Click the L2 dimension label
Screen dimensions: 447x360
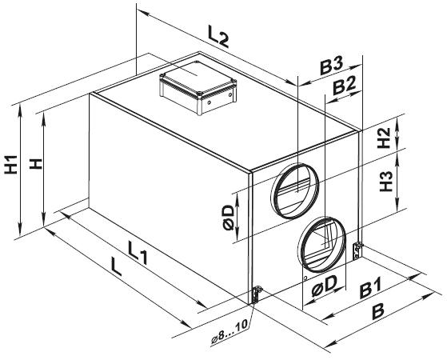(x=218, y=37)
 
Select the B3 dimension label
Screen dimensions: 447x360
(x=331, y=66)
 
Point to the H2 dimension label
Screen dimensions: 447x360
(x=384, y=138)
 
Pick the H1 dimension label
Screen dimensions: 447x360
(x=11, y=165)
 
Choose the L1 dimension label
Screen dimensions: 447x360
(x=138, y=252)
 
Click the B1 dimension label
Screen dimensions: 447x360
(x=370, y=288)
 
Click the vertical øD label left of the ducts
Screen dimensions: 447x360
(x=229, y=218)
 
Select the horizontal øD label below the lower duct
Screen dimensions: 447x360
(x=324, y=286)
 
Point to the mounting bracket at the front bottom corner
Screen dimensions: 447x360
(x=256, y=295)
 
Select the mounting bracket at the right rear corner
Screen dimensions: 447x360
(x=357, y=250)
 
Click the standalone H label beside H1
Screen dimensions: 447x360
(x=36, y=164)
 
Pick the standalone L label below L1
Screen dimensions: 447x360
(x=116, y=266)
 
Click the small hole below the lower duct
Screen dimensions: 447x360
(x=305, y=278)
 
